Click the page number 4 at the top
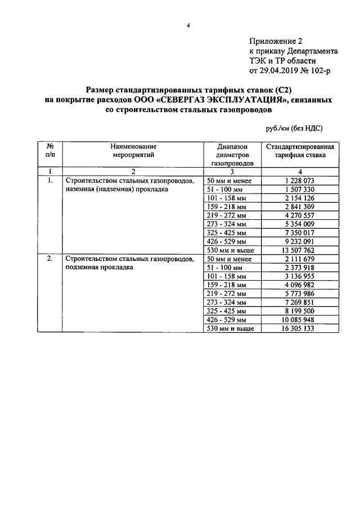(190, 25)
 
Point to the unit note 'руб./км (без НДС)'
(294, 128)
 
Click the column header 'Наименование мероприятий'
(133, 149)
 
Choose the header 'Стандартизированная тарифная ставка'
(300, 149)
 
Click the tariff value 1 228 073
(300, 181)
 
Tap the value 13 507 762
(300, 250)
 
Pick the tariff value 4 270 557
(300, 215)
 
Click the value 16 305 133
(300, 328)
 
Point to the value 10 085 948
(300, 319)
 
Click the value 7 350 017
(300, 233)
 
